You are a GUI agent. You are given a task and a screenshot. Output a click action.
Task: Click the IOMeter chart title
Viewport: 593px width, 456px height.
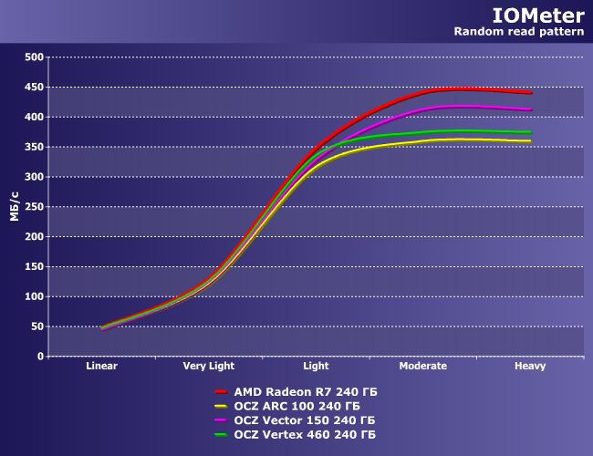click(531, 16)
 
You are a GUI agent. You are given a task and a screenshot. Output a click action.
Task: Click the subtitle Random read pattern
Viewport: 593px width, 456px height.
click(519, 32)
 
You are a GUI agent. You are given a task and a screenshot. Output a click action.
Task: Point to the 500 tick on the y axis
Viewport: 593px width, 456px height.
click(35, 57)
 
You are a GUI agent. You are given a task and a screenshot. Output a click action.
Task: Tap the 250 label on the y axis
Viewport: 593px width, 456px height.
click(35, 207)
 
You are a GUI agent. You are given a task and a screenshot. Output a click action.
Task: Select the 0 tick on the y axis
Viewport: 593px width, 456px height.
click(40, 357)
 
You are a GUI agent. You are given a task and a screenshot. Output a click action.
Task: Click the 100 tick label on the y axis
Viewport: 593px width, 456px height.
click(35, 296)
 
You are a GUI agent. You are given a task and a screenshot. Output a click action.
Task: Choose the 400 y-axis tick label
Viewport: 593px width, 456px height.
click(35, 117)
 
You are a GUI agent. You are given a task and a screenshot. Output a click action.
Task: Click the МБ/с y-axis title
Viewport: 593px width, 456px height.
click(15, 207)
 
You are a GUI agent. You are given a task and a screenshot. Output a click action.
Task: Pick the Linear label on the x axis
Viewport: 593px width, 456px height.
click(102, 367)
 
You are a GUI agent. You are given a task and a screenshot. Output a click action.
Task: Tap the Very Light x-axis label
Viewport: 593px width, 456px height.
click(209, 367)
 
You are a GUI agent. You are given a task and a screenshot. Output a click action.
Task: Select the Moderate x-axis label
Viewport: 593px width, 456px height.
click(423, 367)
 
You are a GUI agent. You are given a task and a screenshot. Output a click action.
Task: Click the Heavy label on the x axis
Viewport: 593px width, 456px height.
click(530, 367)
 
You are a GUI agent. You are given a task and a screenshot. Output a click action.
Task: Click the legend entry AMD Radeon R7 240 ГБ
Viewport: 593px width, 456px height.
click(306, 391)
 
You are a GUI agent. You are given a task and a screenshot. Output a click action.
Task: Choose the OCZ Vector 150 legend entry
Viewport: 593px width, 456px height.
click(304, 420)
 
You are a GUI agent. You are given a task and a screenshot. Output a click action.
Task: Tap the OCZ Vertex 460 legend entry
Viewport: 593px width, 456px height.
click(304, 435)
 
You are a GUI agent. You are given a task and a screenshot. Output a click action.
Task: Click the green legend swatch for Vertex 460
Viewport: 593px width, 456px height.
click(220, 435)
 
